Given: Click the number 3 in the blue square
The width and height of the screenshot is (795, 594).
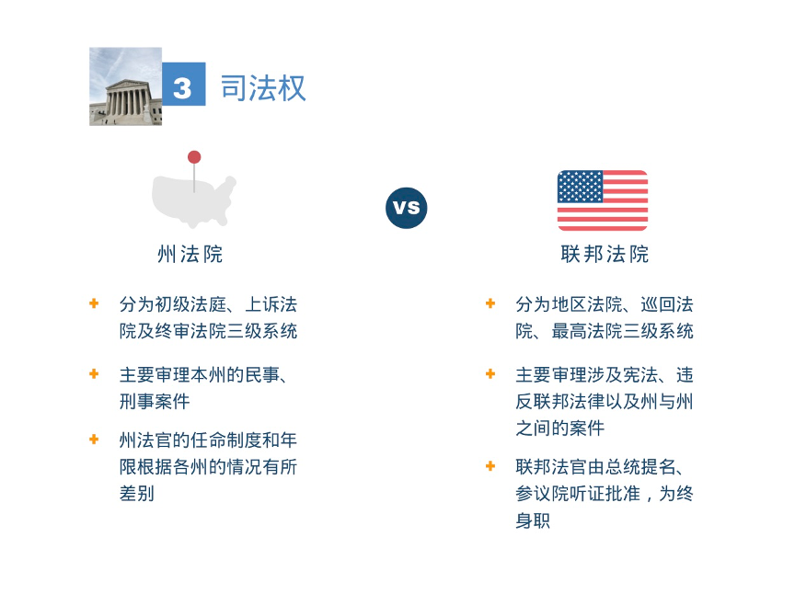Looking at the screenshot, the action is pyautogui.click(x=182, y=88).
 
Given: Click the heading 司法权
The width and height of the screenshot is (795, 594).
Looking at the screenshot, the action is pyautogui.click(x=263, y=87).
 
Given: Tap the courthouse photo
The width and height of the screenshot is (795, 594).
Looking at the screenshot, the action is pyautogui.click(x=126, y=86).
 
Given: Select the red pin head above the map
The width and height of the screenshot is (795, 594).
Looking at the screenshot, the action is pyautogui.click(x=194, y=157).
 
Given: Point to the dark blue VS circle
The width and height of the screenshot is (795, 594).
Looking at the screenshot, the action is pyautogui.click(x=406, y=208).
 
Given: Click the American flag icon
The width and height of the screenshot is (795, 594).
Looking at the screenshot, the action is pyautogui.click(x=603, y=200).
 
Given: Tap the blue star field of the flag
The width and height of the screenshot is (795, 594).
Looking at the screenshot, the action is pyautogui.click(x=580, y=187).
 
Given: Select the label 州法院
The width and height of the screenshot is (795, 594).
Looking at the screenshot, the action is pyautogui.click(x=190, y=254).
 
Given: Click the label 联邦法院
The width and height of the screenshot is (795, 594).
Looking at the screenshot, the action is pyautogui.click(x=605, y=254).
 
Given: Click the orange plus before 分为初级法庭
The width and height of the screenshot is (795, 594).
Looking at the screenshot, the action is pyautogui.click(x=94, y=303).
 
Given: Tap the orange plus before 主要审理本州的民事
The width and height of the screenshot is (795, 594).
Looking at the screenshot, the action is pyautogui.click(x=94, y=373).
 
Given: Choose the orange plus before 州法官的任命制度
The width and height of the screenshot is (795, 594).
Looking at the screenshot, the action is pyautogui.click(x=94, y=439).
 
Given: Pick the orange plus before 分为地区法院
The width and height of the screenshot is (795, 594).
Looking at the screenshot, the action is pyautogui.click(x=490, y=303).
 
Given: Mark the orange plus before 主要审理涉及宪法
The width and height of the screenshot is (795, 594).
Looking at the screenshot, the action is pyautogui.click(x=490, y=373).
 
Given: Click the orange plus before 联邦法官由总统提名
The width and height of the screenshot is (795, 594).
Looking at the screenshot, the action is pyautogui.click(x=490, y=465).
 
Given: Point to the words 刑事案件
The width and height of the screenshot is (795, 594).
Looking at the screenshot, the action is pyautogui.click(x=155, y=402).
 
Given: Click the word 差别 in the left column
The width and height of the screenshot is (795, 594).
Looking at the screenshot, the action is pyautogui.click(x=137, y=494).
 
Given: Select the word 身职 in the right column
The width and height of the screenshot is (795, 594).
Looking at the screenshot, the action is pyautogui.click(x=533, y=520).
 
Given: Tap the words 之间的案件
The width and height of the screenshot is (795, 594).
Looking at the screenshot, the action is pyautogui.click(x=560, y=428).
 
